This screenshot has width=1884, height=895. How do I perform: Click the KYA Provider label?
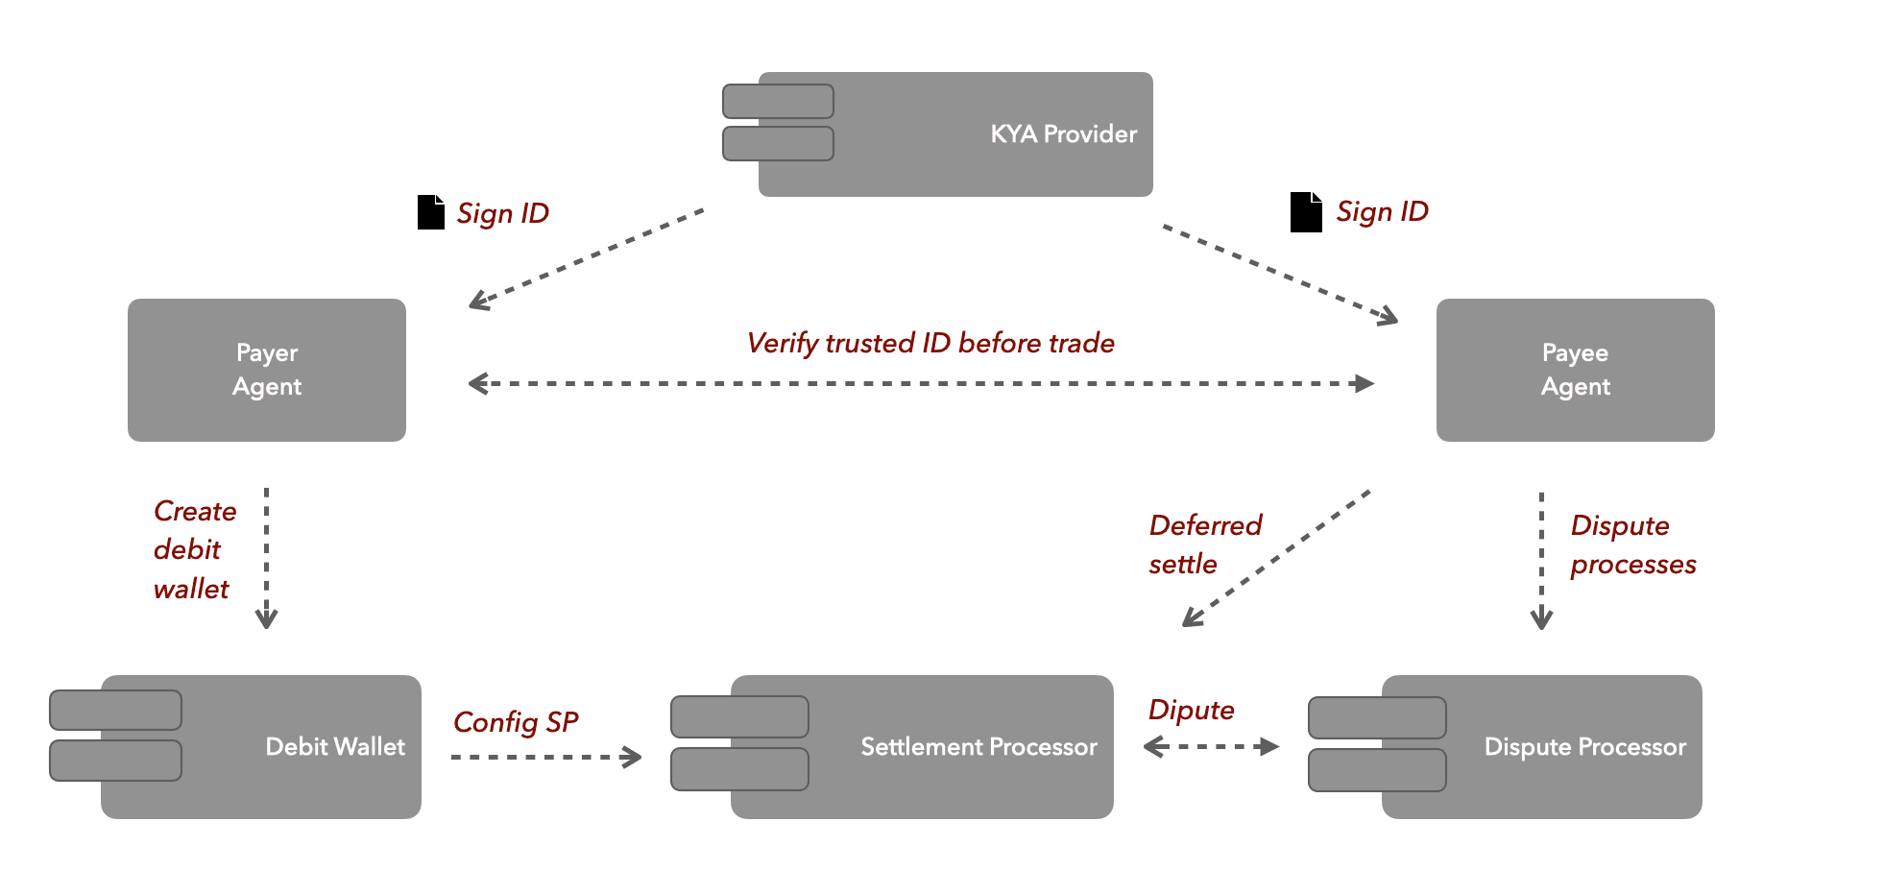(1063, 133)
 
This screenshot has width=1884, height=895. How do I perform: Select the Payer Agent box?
(267, 370)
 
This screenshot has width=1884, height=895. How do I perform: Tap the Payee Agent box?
(1575, 370)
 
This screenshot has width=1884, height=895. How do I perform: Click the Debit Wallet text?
(335, 746)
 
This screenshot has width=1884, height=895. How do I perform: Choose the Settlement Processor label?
(978, 746)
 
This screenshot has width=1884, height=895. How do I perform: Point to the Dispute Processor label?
(1584, 746)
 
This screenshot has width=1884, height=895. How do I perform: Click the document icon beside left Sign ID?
(431, 212)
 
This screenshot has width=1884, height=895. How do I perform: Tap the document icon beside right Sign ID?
(1306, 212)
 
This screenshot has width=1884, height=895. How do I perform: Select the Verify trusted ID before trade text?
(930, 343)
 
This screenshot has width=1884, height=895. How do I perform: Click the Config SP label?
(516, 722)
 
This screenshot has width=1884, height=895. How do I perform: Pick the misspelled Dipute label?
(1191, 710)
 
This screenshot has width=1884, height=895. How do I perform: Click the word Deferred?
(1205, 525)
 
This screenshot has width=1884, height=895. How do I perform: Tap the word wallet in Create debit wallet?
(191, 589)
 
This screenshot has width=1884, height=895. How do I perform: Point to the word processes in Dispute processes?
(1632, 565)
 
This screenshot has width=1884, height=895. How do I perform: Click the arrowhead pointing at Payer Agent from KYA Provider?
(477, 302)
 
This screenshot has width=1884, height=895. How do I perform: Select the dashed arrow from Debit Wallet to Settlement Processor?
(545, 757)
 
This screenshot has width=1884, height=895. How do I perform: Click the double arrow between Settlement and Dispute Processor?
(1211, 746)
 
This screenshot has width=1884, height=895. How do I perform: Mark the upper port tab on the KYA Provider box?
(778, 101)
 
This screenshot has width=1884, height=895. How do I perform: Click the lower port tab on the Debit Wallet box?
(115, 761)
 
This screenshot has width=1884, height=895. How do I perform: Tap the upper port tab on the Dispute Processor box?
(1377, 717)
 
